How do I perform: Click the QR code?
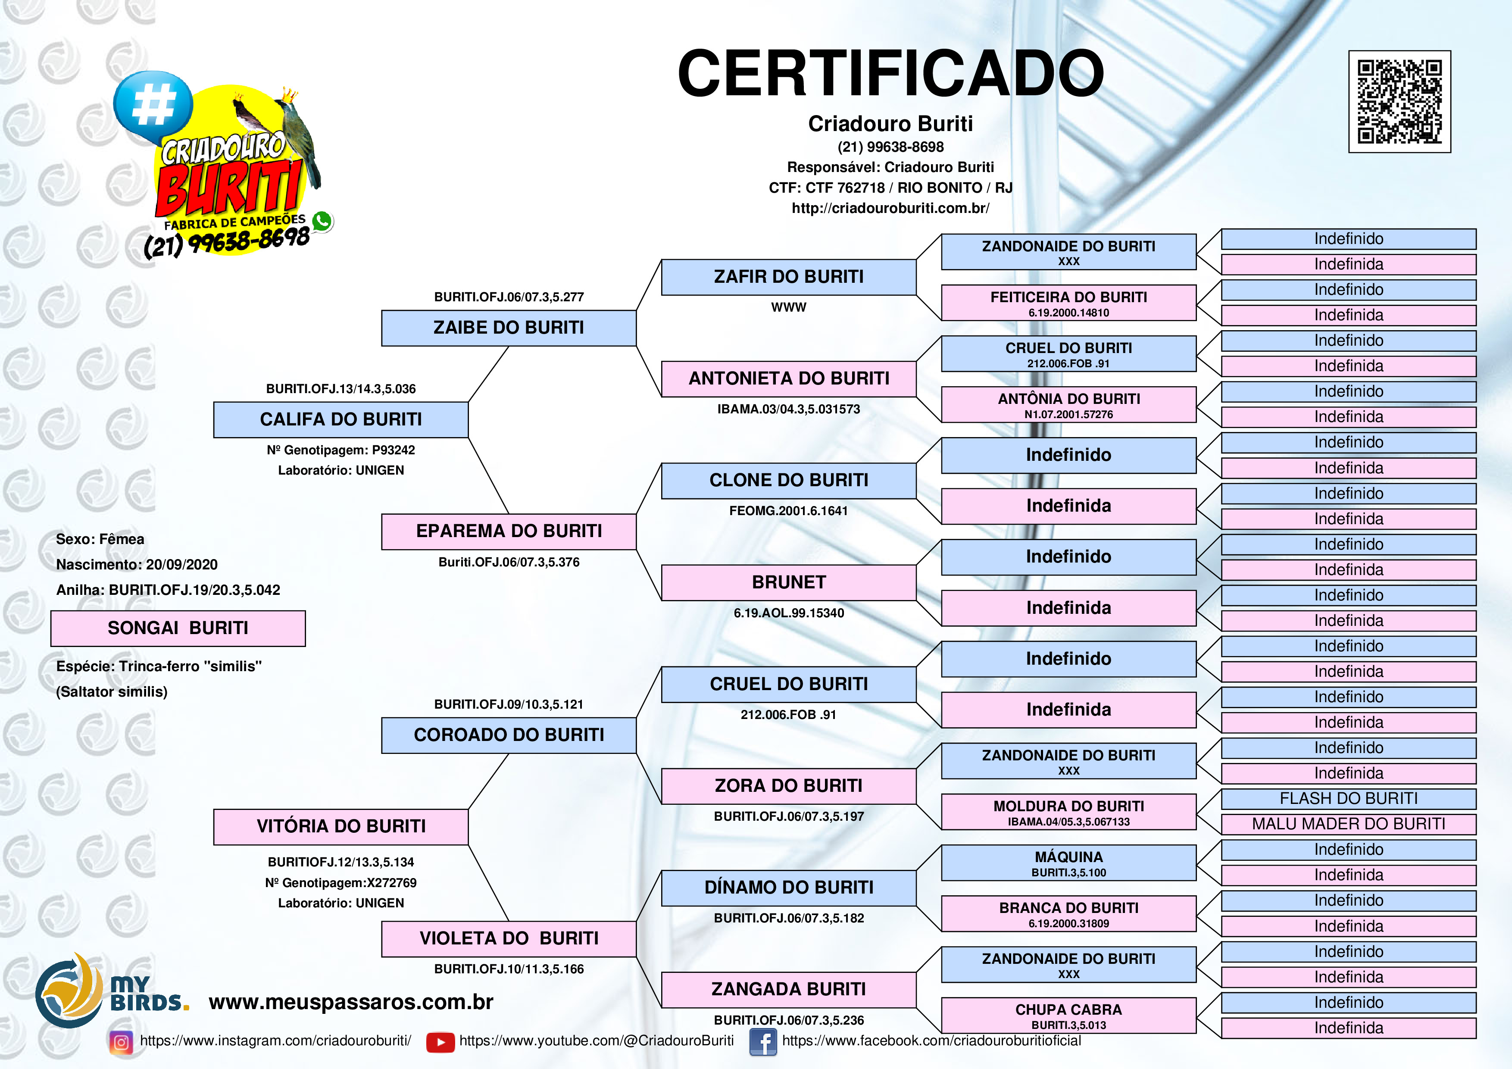coord(1400,101)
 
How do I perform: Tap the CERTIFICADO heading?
coord(890,74)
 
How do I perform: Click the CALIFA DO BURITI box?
coord(341,419)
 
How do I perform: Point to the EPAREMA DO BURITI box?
coord(509,531)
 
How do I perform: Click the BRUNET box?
coord(788,582)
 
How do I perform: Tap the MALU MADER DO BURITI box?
coord(1348,824)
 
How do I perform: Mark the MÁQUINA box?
coord(1068,862)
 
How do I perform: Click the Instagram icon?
coord(121,1042)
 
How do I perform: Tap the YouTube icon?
coord(440,1042)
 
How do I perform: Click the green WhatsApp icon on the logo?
coord(322,221)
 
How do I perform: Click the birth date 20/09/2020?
coord(182,565)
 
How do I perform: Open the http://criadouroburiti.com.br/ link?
coord(890,208)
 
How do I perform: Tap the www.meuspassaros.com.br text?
coord(350,1002)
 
